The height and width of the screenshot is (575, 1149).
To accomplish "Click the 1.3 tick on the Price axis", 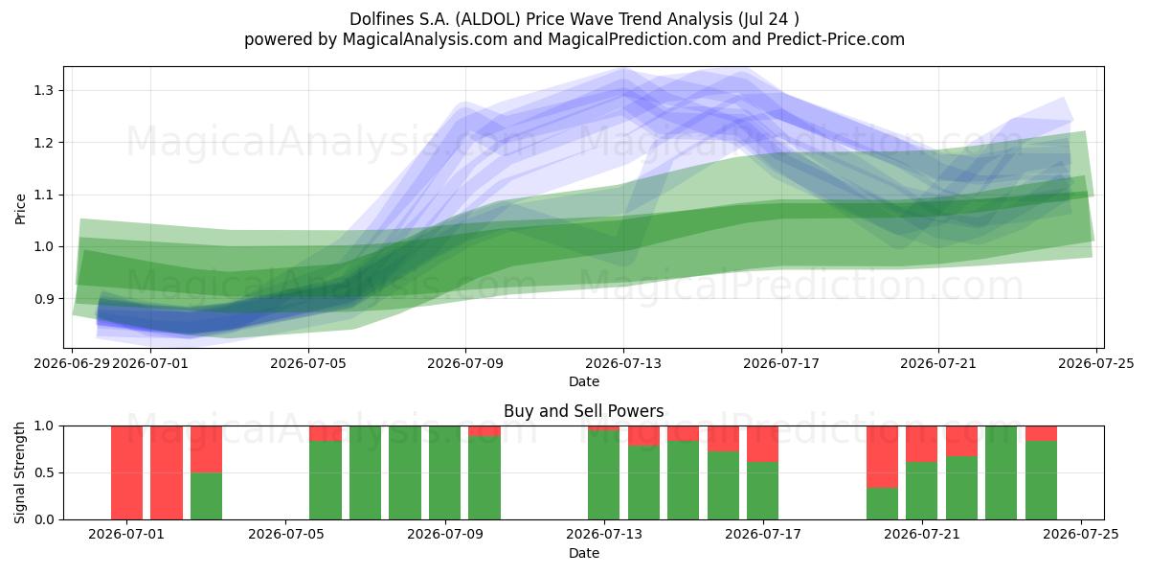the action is tap(43, 91).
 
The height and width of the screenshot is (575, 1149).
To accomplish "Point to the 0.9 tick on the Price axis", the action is tap(43, 299).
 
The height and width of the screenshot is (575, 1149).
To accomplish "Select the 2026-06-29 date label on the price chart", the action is tap(72, 363).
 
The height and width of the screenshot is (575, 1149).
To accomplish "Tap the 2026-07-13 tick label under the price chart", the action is tap(623, 363).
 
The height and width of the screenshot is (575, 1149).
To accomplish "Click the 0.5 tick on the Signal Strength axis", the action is tap(43, 472).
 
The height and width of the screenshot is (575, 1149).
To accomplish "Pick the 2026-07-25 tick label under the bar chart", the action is tap(1081, 535).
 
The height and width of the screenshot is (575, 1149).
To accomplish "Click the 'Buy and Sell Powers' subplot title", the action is tap(583, 411).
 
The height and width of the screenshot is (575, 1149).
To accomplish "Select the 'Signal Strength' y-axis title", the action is tap(19, 472).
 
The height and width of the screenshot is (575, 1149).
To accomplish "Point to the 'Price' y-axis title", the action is tap(20, 209).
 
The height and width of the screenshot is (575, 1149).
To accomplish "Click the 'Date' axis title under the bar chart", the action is tap(584, 553).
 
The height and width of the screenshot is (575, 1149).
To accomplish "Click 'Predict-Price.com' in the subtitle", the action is tap(835, 39).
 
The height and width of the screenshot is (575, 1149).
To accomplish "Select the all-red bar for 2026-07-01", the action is tap(126, 472).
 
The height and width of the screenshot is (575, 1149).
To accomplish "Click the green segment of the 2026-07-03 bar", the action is tap(206, 496).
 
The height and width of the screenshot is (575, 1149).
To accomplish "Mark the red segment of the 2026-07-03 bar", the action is tap(206, 449).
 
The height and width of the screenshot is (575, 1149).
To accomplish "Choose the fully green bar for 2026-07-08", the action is tap(405, 472).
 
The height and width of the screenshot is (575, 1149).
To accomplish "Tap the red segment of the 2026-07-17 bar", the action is tap(762, 444).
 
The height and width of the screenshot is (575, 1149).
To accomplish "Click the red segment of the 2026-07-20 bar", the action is tap(882, 457).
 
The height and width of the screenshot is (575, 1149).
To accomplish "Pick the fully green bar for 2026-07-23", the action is tap(1001, 472).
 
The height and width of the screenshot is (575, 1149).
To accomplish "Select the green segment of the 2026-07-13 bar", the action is tap(603, 475).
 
